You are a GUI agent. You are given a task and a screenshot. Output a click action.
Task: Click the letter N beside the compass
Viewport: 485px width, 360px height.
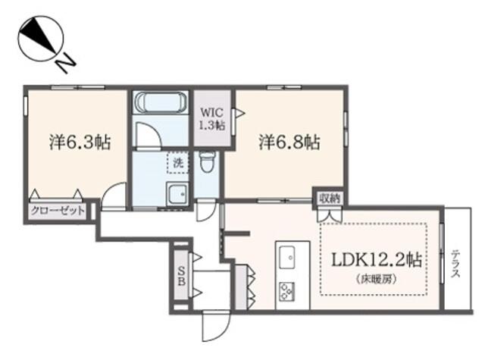pos(66,64)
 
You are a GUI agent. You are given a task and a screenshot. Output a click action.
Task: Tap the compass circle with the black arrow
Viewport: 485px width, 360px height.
pos(41,39)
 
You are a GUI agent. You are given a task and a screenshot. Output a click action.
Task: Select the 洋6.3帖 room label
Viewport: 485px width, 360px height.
pos(80,142)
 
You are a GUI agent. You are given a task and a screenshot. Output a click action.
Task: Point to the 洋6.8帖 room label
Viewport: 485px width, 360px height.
pos(289,142)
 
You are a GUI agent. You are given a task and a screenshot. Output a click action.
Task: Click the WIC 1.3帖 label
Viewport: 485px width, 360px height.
pos(212,119)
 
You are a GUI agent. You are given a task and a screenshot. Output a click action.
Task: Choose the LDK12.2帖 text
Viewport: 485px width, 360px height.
pos(377,260)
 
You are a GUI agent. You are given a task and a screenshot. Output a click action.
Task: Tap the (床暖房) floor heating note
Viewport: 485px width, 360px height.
pos(377,279)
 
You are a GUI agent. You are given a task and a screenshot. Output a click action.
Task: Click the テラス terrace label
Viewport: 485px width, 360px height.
pos(455,263)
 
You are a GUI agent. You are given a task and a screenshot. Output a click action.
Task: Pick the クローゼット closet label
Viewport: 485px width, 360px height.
pos(58,211)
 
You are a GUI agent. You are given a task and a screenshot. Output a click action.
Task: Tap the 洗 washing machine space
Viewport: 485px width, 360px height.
pos(177,162)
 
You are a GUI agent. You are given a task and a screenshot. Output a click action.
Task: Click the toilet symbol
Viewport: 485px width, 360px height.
pos(205,162)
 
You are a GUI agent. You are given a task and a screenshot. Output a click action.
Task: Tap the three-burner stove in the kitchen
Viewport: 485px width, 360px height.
pos(287,291)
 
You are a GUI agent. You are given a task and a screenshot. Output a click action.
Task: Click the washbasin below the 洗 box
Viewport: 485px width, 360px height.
pos(177,194)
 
